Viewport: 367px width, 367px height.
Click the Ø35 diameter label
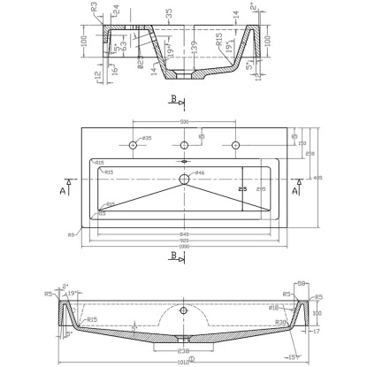[146, 138]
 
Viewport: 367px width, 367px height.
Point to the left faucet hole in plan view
[134, 144]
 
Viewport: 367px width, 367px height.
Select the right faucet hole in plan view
[235, 144]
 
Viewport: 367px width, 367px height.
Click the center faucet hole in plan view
[184, 144]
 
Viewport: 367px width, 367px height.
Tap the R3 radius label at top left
[94, 6]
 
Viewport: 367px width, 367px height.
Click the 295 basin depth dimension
[260, 187]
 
